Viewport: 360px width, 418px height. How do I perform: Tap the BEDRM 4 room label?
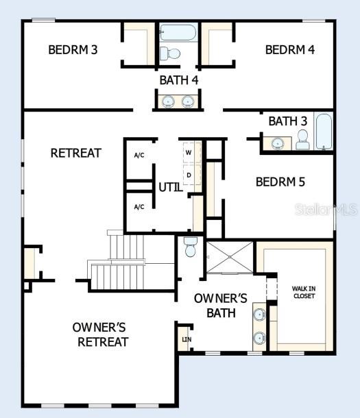coord(290,49)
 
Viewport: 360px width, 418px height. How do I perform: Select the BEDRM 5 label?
coord(280,182)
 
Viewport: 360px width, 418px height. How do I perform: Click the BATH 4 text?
coord(179,80)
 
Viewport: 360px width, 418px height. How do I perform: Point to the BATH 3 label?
coord(287,121)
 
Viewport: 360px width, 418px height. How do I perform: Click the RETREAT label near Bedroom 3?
coord(75,153)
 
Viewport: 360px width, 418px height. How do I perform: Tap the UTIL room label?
coord(170,186)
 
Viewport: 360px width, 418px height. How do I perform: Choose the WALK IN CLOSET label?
coord(304,292)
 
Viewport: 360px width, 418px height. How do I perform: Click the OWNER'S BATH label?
coord(221,306)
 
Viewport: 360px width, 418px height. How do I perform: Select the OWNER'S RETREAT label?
coord(101,334)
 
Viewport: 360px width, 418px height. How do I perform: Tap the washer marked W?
coord(189,153)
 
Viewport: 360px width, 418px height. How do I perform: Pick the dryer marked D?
coord(189,175)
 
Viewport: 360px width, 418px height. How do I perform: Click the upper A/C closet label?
coord(139,156)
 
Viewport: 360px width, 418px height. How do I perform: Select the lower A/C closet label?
coord(139,207)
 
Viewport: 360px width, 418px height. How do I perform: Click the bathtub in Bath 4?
coord(179,32)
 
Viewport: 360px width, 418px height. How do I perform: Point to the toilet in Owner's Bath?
coord(191,247)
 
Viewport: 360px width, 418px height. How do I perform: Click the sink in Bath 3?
coord(278,143)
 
